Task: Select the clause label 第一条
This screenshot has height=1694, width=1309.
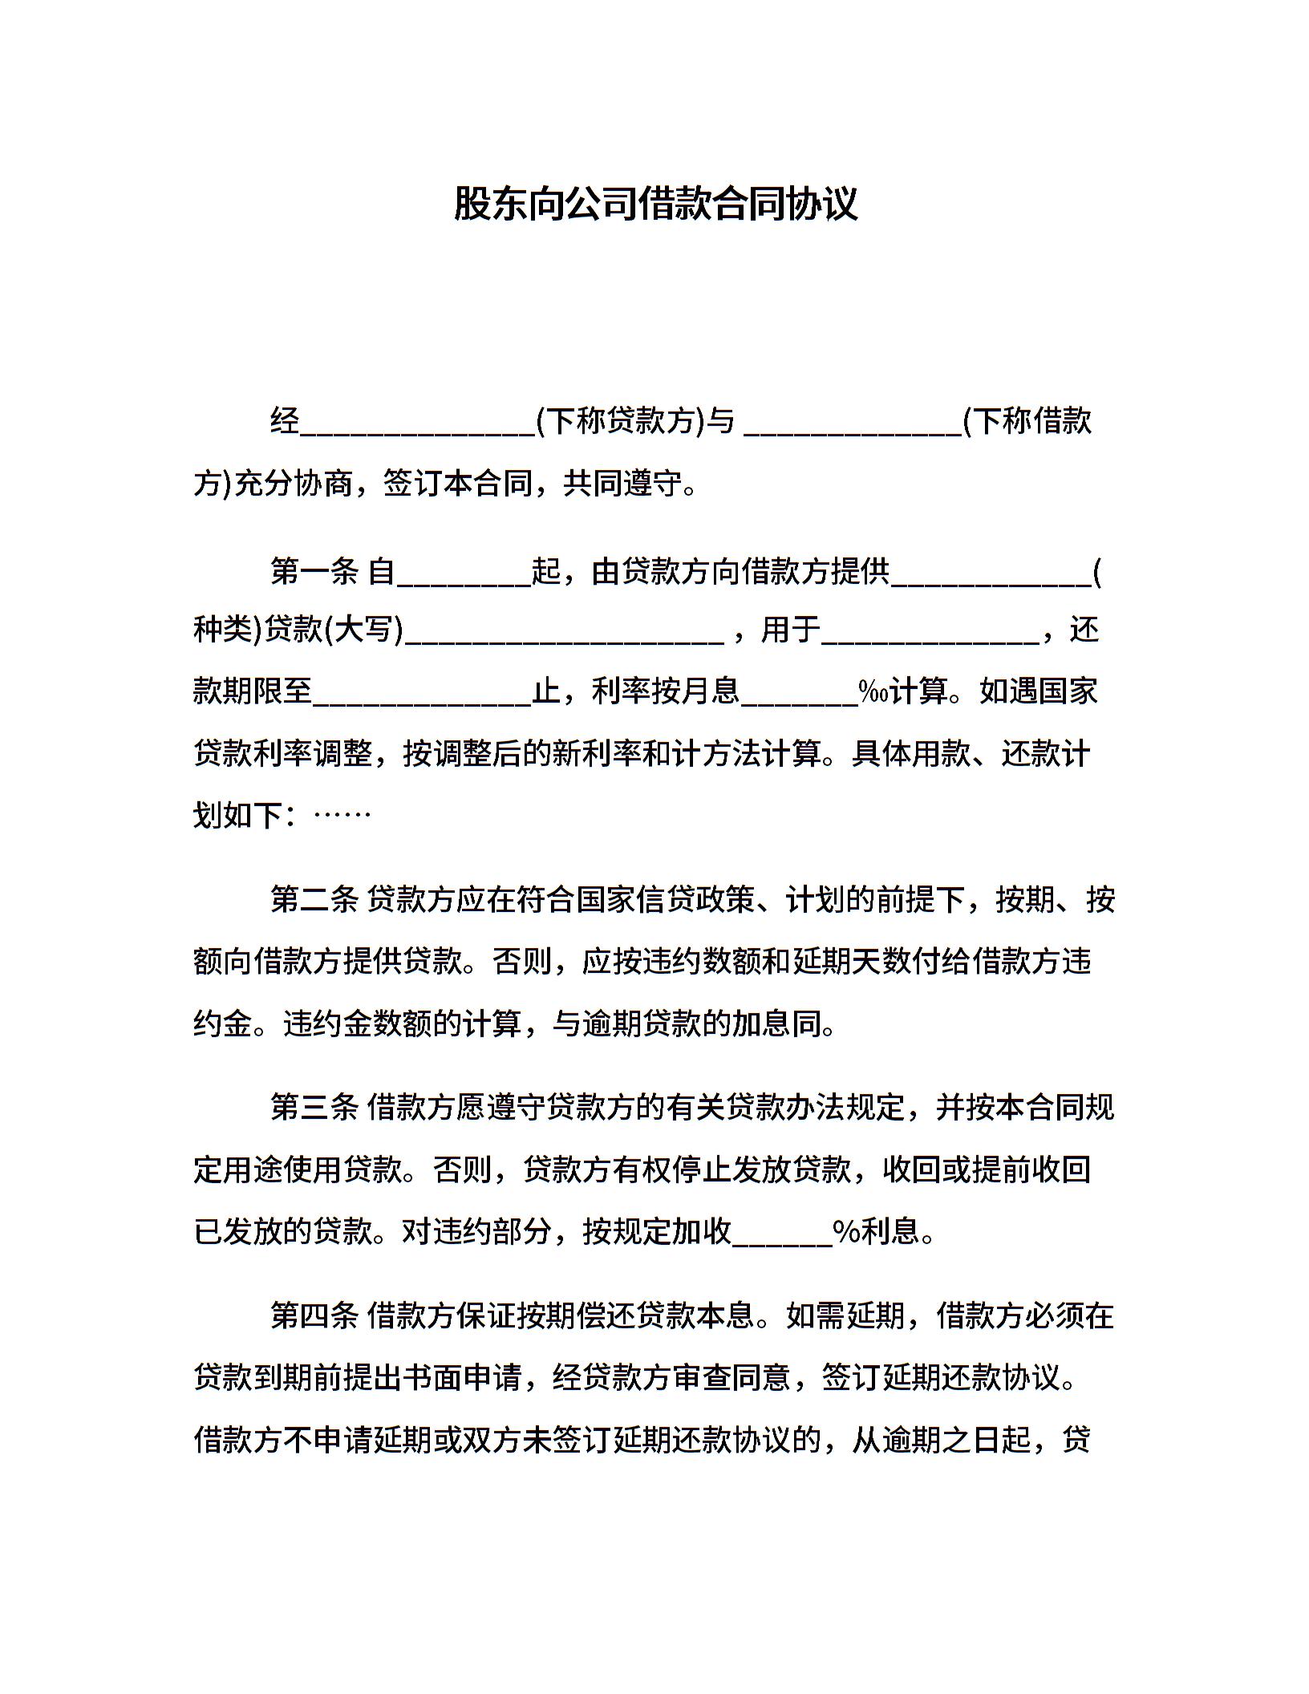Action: (314, 571)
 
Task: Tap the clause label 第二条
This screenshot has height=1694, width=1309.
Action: (314, 900)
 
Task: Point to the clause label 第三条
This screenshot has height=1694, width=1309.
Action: (314, 1108)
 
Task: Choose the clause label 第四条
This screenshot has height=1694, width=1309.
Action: (314, 1315)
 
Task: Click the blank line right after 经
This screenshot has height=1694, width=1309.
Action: (417, 425)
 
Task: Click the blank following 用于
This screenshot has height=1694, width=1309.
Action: (930, 635)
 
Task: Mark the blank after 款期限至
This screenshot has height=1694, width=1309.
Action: (422, 696)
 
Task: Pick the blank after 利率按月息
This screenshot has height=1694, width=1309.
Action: (799, 696)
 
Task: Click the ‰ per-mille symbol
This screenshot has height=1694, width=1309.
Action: (872, 691)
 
